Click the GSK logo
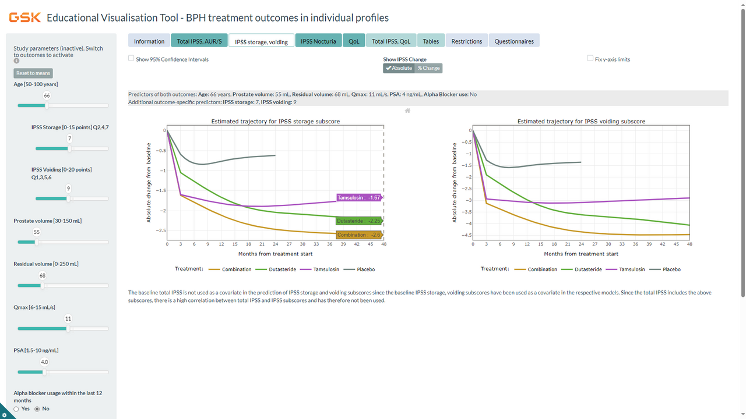[24, 18]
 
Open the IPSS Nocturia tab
[318, 41]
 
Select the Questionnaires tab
[514, 41]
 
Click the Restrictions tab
[467, 41]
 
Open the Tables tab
[431, 41]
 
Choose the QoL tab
[354, 41]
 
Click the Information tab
[149, 41]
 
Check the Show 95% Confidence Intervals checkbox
[131, 59]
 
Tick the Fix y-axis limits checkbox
[590, 59]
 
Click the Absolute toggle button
[399, 68]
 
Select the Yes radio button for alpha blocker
[16, 409]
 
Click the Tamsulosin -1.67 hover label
[360, 198]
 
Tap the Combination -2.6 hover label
[359, 235]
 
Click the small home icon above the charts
[407, 111]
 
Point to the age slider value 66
[47, 95]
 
